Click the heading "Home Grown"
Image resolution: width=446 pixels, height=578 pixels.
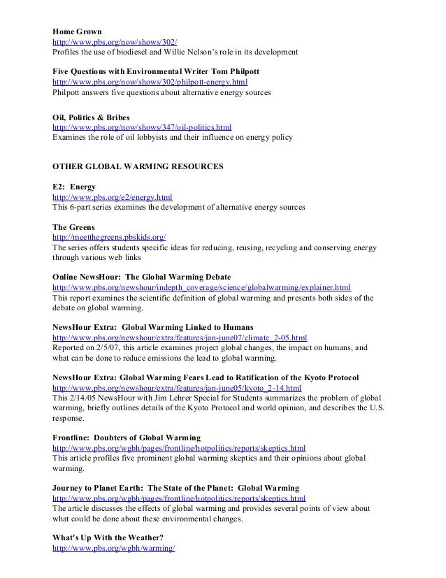point(78,32)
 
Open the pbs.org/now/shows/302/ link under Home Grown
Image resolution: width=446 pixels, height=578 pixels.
point(110,42)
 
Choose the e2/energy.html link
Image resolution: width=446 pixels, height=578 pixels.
point(113,198)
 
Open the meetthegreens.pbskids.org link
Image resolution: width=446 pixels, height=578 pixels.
point(110,238)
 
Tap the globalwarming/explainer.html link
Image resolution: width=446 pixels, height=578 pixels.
point(202,288)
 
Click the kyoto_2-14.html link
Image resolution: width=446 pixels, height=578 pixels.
point(178,387)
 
